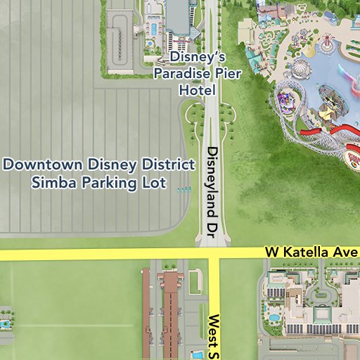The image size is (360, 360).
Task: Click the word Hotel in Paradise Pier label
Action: [x=197, y=91]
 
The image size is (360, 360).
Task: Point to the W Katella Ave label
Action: [x=311, y=252]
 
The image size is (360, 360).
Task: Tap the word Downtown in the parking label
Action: [x=44, y=165]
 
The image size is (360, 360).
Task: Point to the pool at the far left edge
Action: [x=6, y=324]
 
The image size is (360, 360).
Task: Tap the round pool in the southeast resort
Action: [x=274, y=317]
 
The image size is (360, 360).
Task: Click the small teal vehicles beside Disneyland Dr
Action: [x=184, y=189]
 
